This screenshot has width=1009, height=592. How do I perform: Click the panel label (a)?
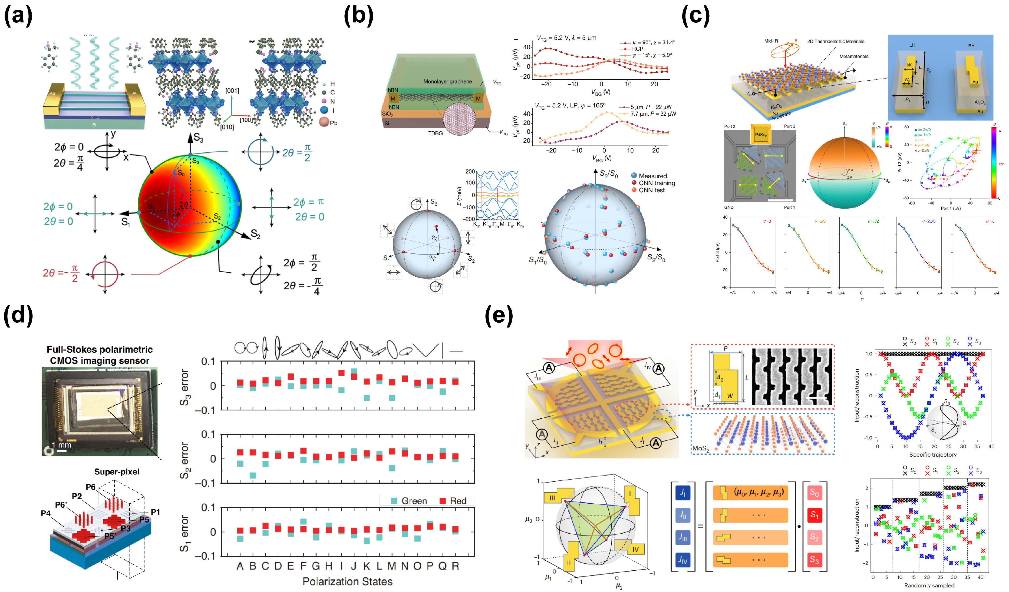coord(18,17)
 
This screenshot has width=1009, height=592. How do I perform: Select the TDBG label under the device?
coord(435,133)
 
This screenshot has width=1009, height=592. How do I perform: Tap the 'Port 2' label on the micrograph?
coord(730,126)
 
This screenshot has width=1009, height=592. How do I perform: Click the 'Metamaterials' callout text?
coord(854,56)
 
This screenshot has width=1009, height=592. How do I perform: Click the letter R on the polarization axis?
coord(455,566)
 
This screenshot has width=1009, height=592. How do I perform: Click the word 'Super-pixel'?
coord(117,471)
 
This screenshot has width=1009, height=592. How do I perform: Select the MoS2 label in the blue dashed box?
coord(700,449)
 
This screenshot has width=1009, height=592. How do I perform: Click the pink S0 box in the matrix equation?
coord(814,492)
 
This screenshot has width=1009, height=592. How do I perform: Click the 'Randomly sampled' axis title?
coord(929,586)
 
